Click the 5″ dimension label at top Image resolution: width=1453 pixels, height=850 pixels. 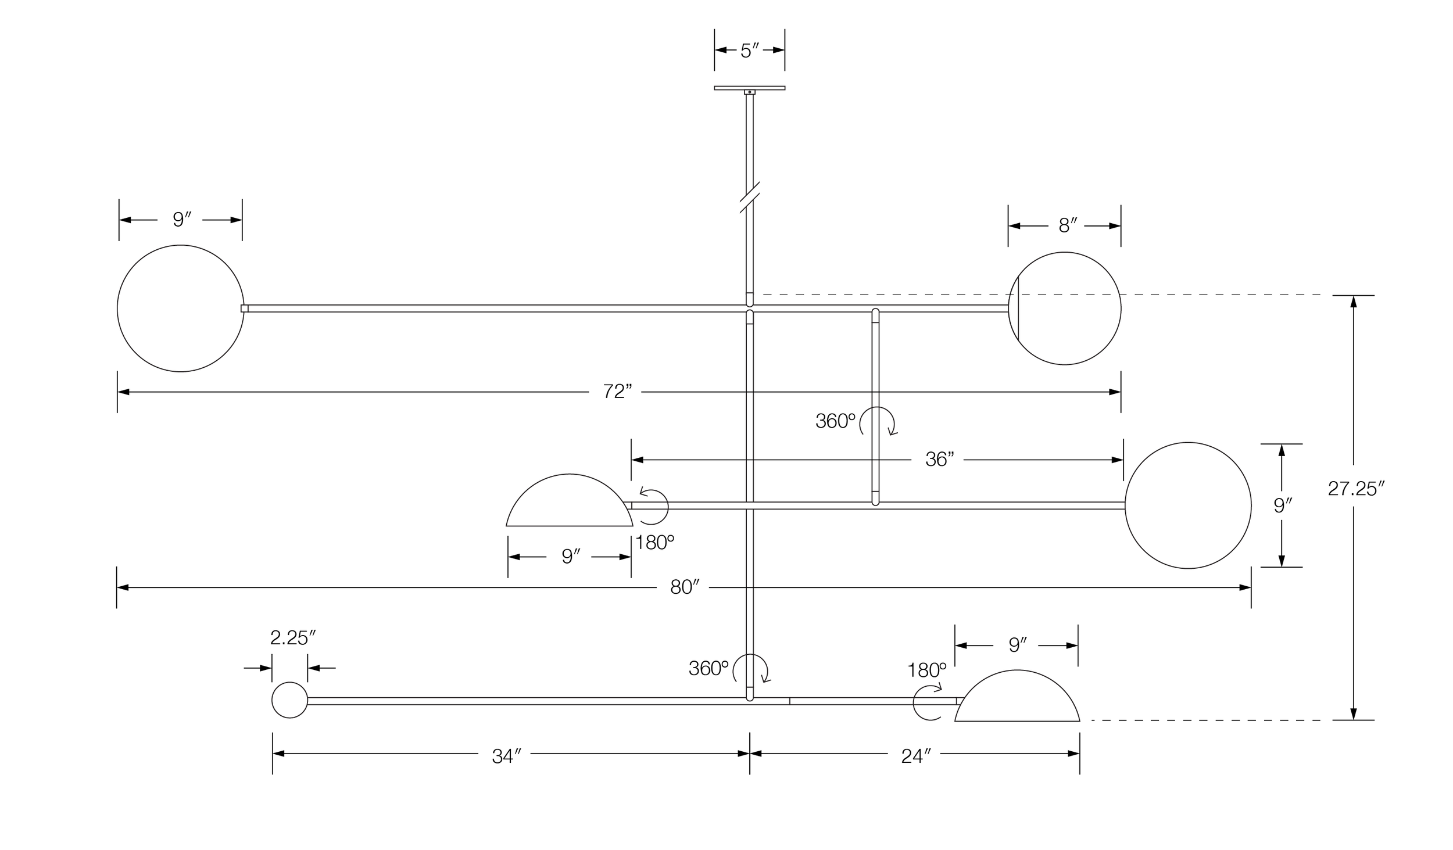pos(749,51)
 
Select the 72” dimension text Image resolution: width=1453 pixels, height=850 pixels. pos(617,392)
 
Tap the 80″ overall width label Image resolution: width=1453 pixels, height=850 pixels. pos(684,587)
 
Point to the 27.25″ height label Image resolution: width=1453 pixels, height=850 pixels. pos(1356,489)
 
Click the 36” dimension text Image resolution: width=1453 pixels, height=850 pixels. pos(939,460)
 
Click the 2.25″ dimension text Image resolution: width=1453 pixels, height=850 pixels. pos(292,638)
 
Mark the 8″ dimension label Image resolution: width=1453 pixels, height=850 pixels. pos(1068,225)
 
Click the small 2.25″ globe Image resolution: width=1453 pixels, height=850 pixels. pos(289,700)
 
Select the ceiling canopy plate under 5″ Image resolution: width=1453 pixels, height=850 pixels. pos(749,88)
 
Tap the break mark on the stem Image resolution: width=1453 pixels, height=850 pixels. pos(750,197)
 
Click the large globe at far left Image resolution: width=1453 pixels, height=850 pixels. pos(180,309)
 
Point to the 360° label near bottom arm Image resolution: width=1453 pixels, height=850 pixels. pos(708,668)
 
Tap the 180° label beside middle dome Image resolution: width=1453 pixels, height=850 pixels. pos(654,543)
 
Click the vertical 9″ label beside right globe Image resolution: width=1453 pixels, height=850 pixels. pos(1282,505)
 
